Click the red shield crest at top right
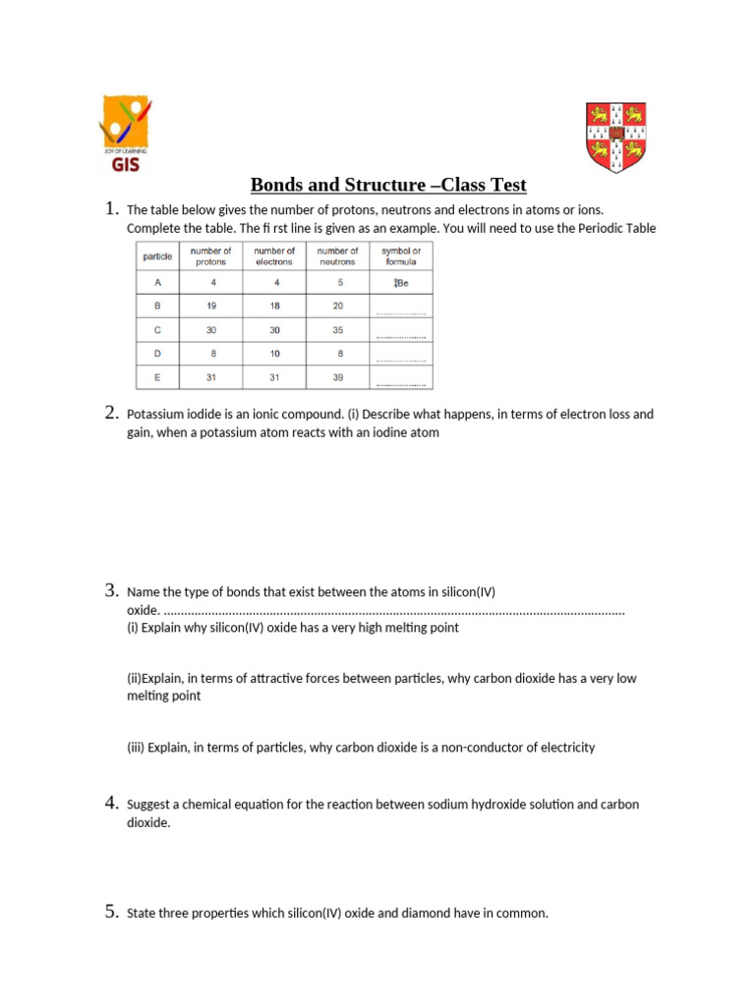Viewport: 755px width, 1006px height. point(615,138)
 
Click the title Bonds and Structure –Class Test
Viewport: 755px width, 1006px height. point(388,185)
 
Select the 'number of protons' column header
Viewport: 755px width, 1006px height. point(210,256)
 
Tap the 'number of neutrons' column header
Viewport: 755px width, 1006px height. point(337,256)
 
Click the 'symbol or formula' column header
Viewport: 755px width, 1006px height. point(400,256)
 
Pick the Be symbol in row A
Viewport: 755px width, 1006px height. point(400,283)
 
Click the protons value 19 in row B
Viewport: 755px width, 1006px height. point(210,306)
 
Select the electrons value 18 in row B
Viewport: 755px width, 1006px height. point(274,306)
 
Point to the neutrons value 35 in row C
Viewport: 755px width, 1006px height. point(337,330)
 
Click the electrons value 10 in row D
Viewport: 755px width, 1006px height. point(274,354)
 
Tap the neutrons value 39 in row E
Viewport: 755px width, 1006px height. point(337,377)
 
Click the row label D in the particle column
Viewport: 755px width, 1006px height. point(157,354)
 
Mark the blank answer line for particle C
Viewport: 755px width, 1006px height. point(400,336)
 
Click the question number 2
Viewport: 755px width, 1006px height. point(111,414)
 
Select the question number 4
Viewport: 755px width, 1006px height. point(111,804)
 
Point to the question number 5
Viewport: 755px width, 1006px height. point(111,913)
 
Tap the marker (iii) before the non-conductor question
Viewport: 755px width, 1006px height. point(136,748)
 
